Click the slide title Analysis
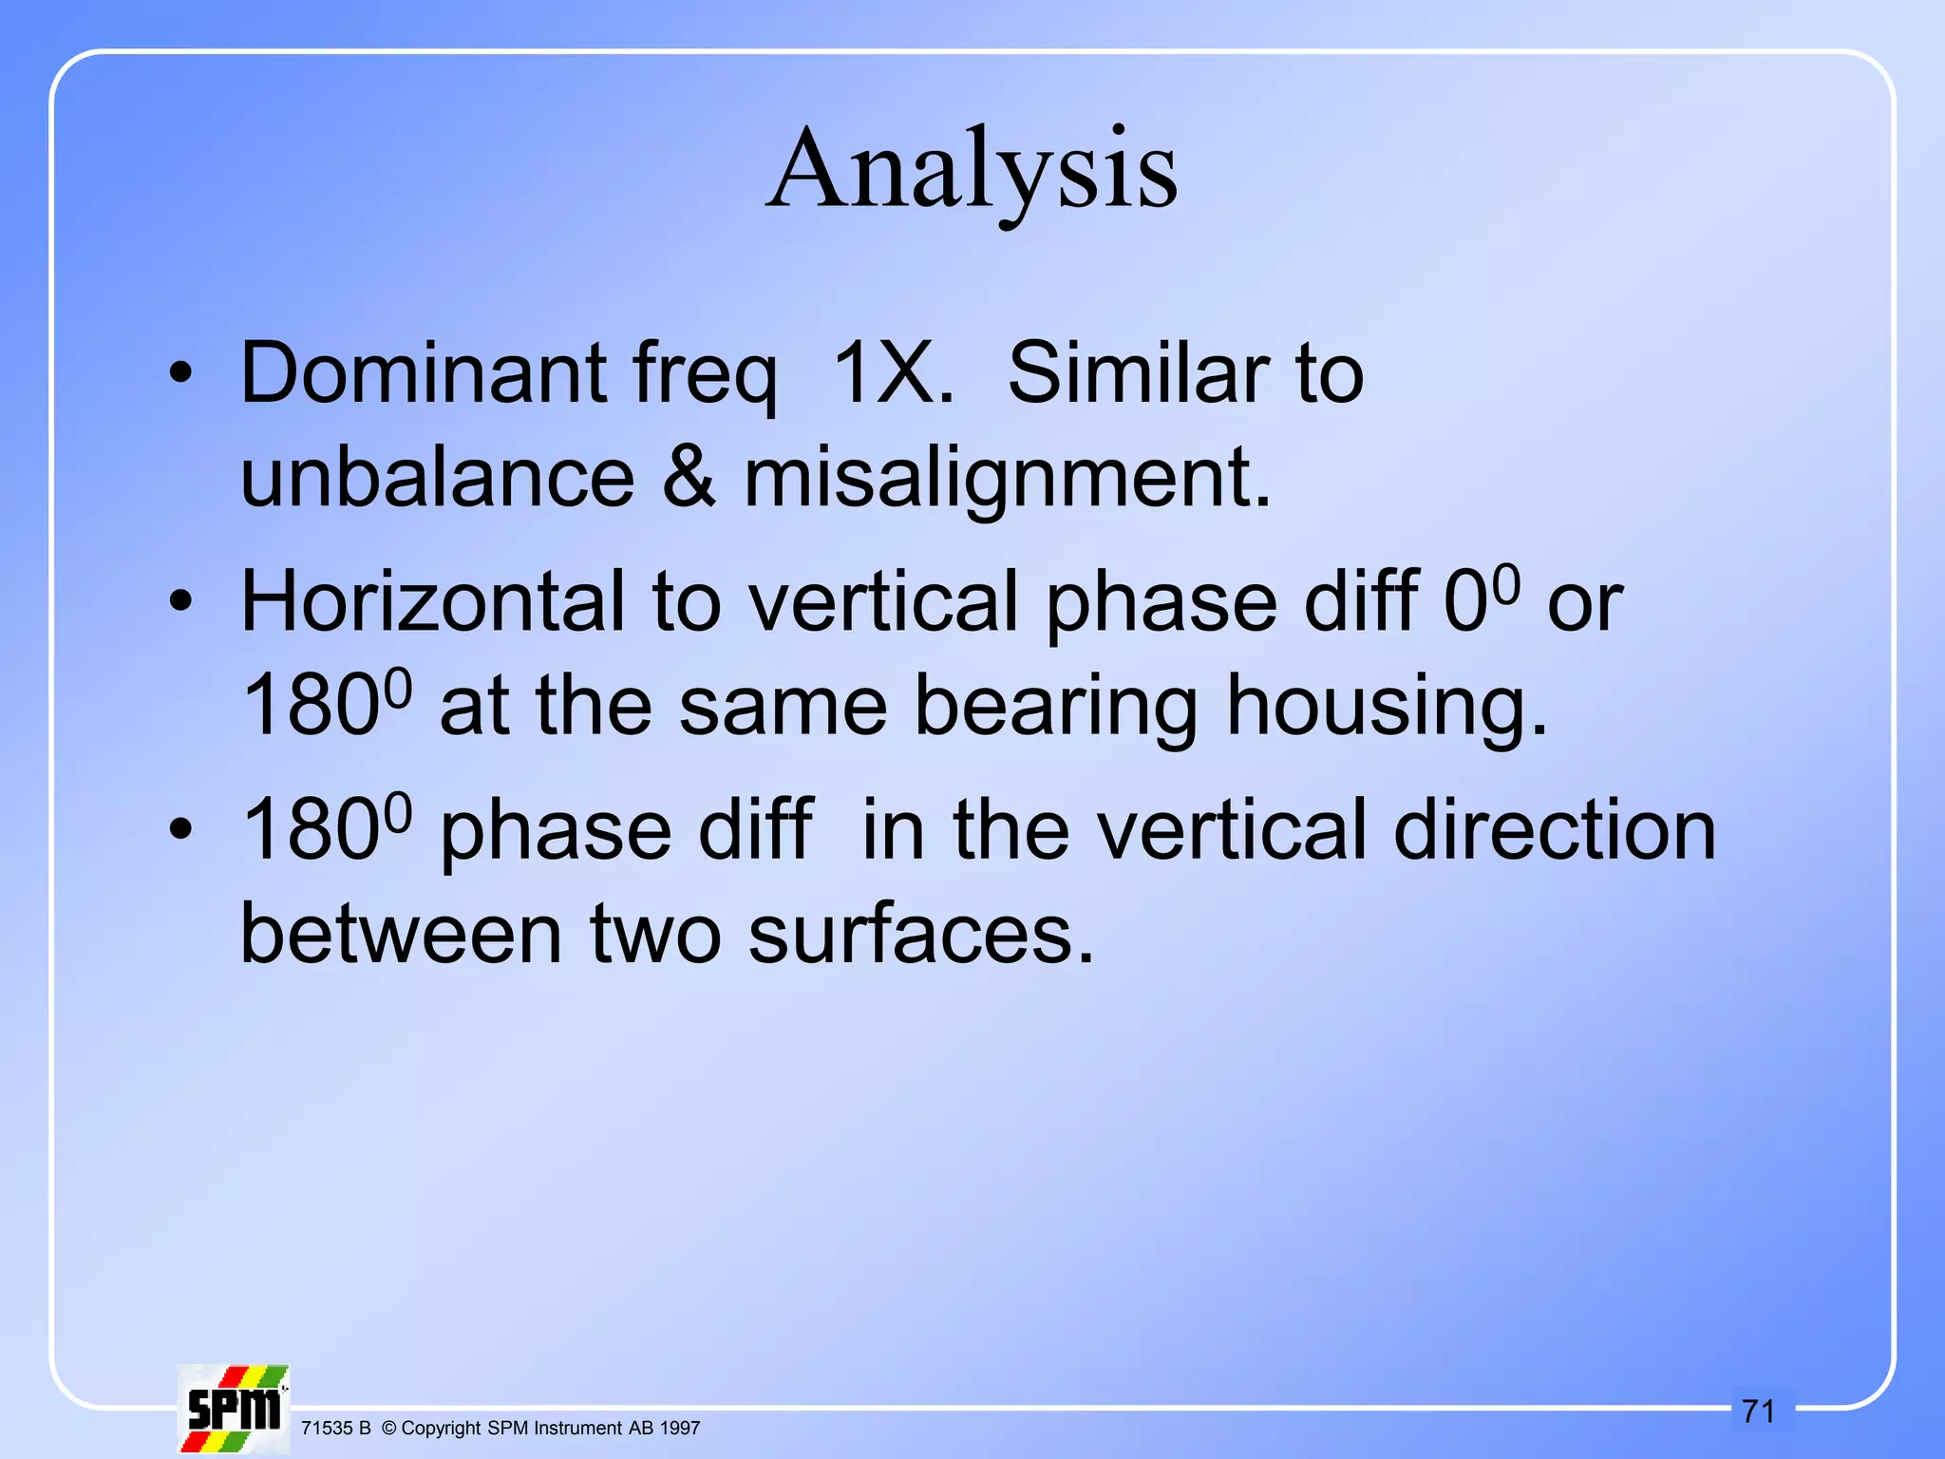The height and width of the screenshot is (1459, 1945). point(972,171)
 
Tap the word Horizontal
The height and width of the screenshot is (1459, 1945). point(433,602)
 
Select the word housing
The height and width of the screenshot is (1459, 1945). point(1387,707)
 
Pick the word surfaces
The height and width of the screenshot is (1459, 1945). point(921,935)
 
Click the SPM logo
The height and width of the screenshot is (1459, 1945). point(234,1409)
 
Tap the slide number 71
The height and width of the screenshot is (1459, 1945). point(1759,1412)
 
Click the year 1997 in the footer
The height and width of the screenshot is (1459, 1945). point(680,1429)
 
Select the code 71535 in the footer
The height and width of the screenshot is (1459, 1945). point(326,1429)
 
